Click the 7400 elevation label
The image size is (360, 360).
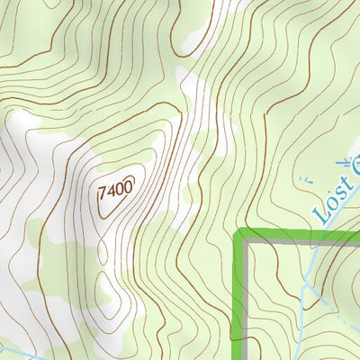[x=114, y=190]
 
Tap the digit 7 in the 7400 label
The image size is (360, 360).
[x=102, y=192]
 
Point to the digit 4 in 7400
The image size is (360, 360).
[x=110, y=190]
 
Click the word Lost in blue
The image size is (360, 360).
[x=331, y=202]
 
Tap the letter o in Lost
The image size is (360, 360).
[x=328, y=205]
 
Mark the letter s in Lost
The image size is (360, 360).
[x=337, y=195]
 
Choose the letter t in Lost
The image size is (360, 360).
[x=344, y=186]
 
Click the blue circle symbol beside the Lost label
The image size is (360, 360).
[x=354, y=166]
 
